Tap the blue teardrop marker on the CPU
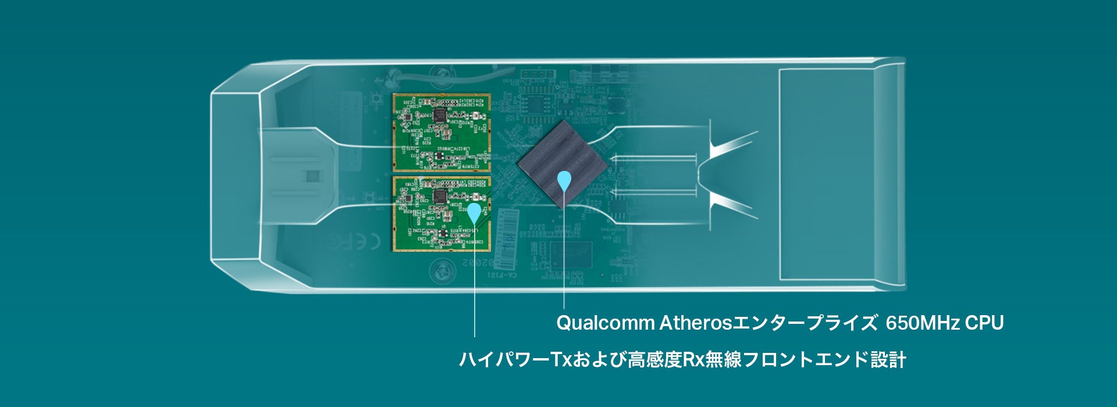click(x=564, y=181)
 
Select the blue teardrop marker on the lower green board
click(x=475, y=212)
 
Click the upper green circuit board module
click(x=442, y=133)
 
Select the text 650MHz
click(x=922, y=323)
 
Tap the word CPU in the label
click(x=984, y=323)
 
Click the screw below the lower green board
click(x=442, y=270)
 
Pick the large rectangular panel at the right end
click(x=826, y=174)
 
